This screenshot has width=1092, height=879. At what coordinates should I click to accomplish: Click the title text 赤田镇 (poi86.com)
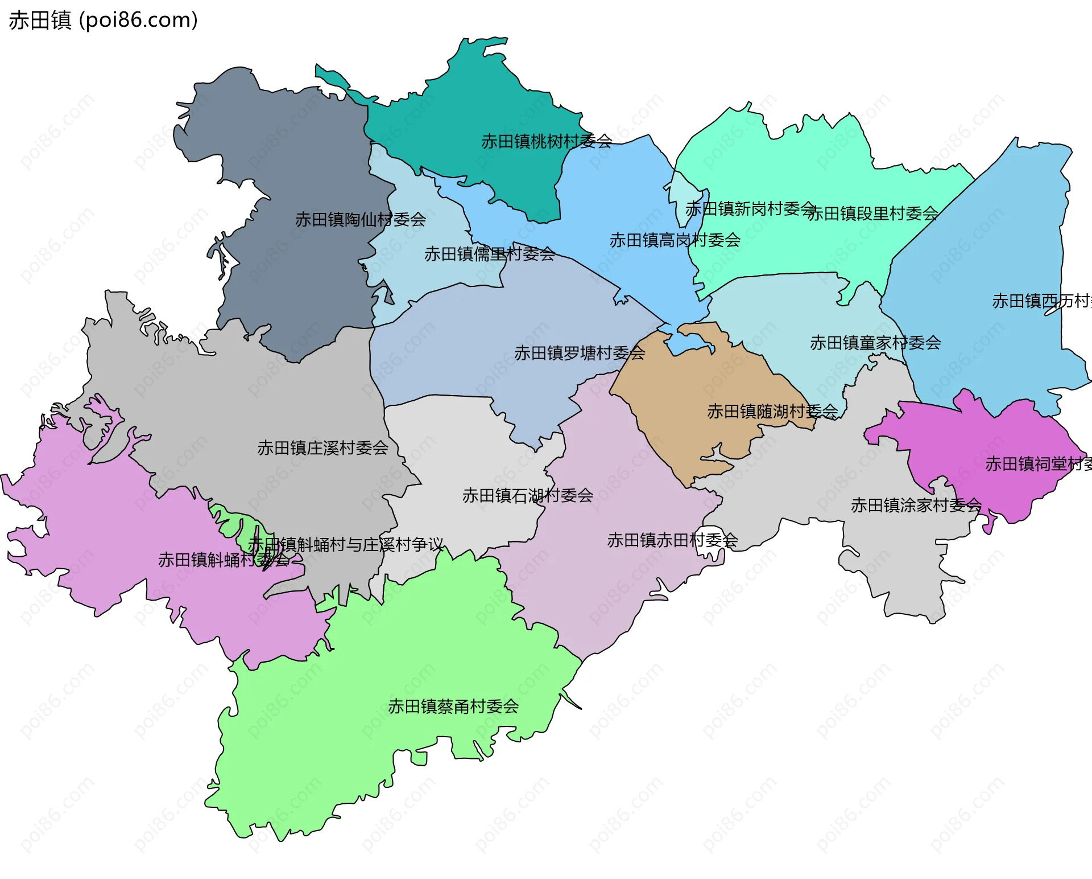(x=103, y=20)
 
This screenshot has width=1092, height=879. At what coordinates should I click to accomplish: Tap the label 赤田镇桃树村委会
(x=547, y=141)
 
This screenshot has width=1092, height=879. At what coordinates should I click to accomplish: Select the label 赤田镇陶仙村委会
(x=360, y=219)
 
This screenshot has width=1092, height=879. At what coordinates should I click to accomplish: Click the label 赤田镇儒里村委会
(x=490, y=254)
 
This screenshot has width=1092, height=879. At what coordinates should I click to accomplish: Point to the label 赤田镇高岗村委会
(x=675, y=240)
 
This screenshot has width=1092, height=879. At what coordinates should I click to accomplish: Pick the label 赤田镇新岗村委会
(x=750, y=209)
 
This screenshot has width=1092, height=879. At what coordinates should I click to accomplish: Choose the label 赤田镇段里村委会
(x=872, y=213)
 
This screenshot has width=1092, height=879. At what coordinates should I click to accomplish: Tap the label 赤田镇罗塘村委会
(x=580, y=353)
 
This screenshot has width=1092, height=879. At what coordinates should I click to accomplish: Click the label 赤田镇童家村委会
(x=875, y=343)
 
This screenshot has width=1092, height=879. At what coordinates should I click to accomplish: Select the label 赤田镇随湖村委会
(x=772, y=411)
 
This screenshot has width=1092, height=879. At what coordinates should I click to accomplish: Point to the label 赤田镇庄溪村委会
(x=322, y=448)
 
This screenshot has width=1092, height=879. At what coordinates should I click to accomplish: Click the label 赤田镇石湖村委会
(x=527, y=495)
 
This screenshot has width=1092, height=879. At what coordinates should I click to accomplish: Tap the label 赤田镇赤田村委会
(x=672, y=540)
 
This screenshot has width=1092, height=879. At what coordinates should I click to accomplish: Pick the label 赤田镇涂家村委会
(x=916, y=505)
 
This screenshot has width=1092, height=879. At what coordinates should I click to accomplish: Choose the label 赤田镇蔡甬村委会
(x=453, y=707)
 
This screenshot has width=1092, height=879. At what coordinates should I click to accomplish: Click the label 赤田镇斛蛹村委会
(x=224, y=560)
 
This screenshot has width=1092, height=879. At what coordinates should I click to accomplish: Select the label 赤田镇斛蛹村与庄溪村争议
(x=345, y=545)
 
